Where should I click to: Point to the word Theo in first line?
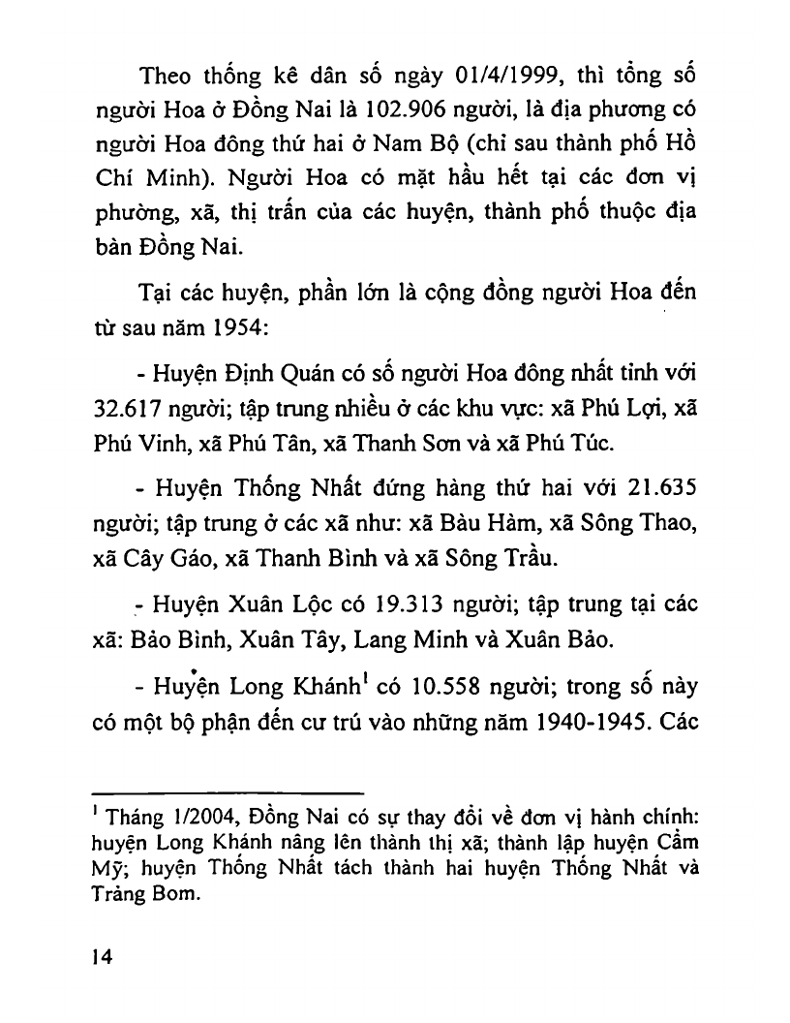(168, 76)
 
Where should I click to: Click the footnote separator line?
(230, 791)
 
